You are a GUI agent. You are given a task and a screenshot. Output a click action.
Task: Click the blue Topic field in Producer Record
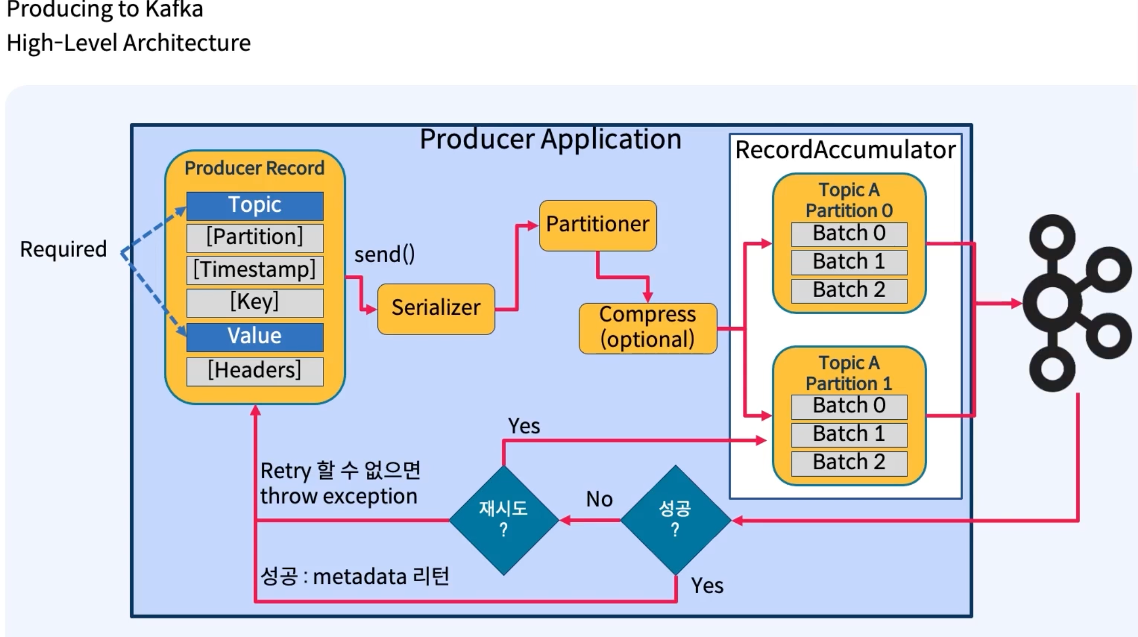click(x=255, y=206)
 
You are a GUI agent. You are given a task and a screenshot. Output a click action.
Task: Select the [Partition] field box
click(x=255, y=238)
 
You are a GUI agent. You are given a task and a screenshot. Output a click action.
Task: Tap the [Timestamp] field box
click(x=255, y=270)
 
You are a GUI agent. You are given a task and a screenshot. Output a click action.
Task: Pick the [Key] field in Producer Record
click(x=255, y=302)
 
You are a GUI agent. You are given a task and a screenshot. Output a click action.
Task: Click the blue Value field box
click(x=255, y=337)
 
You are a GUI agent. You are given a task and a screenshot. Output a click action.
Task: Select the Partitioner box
click(x=597, y=225)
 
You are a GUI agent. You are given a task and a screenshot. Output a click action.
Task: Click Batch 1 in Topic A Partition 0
click(x=849, y=262)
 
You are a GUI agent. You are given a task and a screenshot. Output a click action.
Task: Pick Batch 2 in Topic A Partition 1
click(x=849, y=463)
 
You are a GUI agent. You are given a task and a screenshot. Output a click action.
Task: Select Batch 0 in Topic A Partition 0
click(x=849, y=234)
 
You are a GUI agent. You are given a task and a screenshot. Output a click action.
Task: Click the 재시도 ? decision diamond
click(x=504, y=520)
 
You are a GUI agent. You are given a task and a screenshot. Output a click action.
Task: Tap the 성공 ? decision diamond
click(x=675, y=520)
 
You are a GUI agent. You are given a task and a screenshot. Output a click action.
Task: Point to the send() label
click(x=385, y=255)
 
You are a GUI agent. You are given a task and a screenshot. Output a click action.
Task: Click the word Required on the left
click(x=63, y=249)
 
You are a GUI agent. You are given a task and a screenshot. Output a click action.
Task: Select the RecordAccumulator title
click(x=845, y=150)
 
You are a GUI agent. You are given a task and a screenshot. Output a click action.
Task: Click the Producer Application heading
click(x=550, y=140)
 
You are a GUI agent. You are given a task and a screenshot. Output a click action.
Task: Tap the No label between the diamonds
click(x=599, y=500)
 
